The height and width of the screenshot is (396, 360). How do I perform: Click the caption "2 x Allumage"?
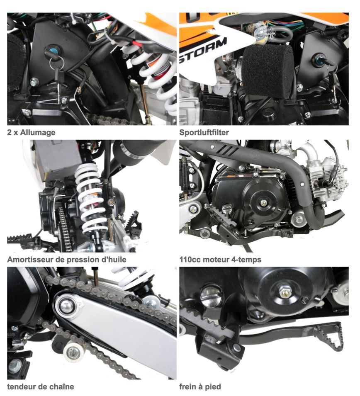coord(31,132)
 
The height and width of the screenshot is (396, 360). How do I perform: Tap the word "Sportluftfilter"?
coord(204,132)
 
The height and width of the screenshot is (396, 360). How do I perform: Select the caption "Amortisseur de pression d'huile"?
coord(67,260)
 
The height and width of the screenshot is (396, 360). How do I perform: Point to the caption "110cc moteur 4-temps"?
coord(220,260)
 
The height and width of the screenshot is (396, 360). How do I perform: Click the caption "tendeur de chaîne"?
coord(40,386)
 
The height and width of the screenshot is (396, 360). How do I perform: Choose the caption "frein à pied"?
coord(200,386)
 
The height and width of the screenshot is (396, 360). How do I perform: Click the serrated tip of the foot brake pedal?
coord(330,336)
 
